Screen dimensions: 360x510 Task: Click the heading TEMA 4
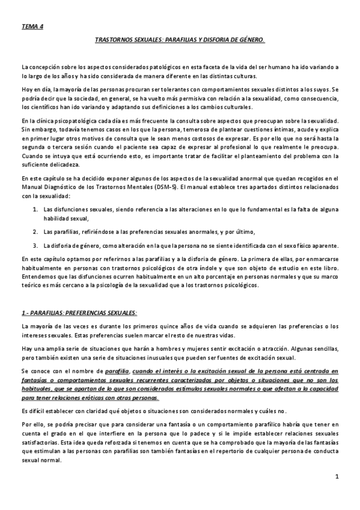(32, 27)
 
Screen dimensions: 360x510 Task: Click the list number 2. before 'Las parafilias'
(35, 232)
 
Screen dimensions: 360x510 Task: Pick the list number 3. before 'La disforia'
(35, 245)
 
